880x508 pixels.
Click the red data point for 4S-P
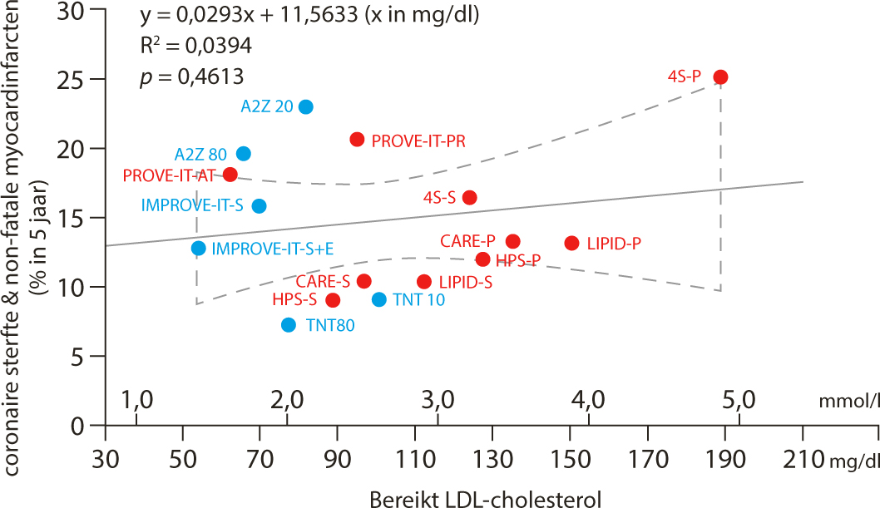coord(721,76)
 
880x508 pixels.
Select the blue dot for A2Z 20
coord(305,106)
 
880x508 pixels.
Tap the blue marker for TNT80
coord(289,324)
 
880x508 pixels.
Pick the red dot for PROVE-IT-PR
coord(357,139)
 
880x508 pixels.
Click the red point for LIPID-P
coord(571,243)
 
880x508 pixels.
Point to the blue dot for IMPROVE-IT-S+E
coord(198,248)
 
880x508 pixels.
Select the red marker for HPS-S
coord(333,299)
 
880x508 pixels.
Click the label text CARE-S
coord(323,281)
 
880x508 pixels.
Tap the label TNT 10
coord(419,299)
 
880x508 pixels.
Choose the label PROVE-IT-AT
coord(170,175)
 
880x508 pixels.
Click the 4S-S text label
coord(438,198)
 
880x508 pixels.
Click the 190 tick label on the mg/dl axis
coord(720,456)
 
